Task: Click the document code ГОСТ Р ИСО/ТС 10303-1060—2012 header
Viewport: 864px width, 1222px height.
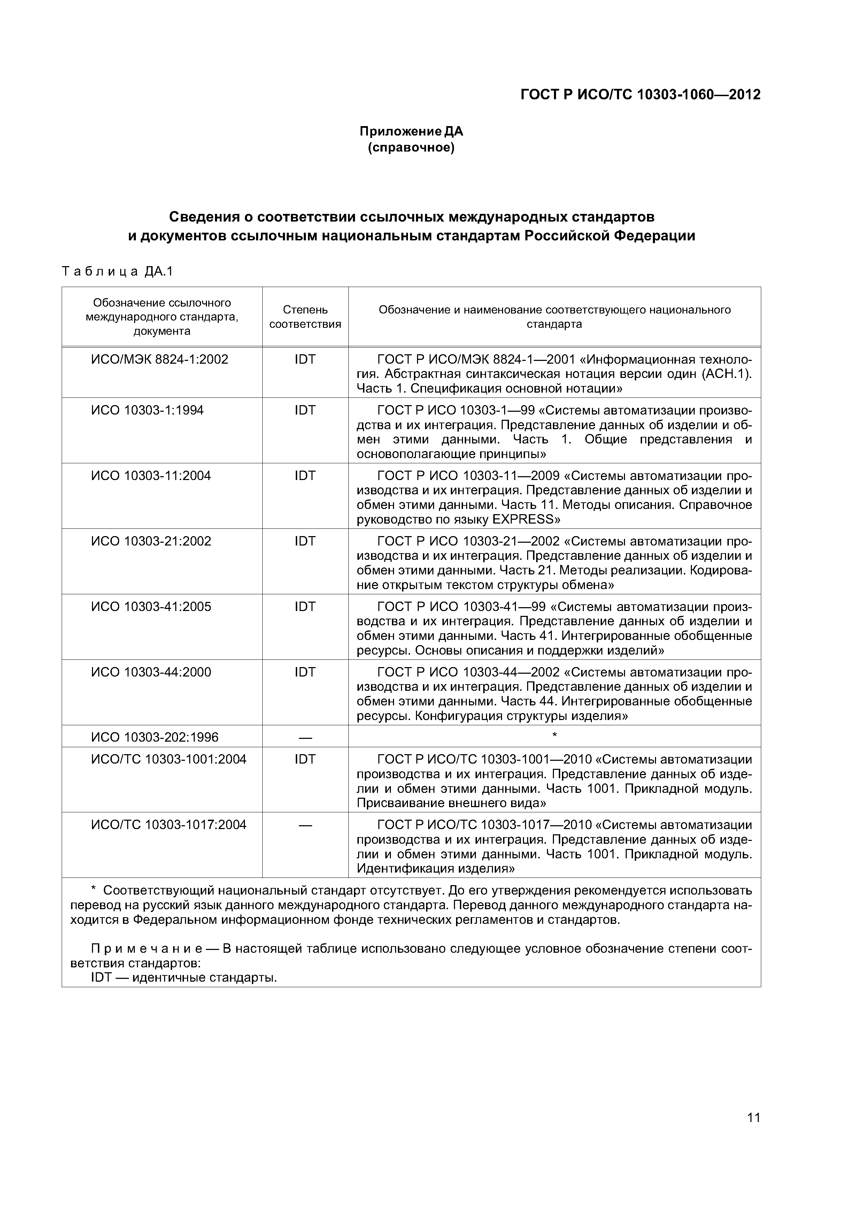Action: coord(640,95)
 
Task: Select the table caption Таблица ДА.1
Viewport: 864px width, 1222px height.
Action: coord(118,272)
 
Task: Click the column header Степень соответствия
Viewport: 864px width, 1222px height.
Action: coord(305,317)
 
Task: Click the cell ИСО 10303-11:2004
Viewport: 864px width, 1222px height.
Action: coord(151,476)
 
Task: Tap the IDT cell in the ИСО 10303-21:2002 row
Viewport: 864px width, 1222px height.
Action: coord(305,541)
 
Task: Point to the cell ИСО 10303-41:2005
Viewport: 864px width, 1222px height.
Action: coord(151,607)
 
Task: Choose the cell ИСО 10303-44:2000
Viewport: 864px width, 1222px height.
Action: coord(151,672)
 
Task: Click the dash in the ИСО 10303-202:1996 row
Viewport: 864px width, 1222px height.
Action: coord(305,738)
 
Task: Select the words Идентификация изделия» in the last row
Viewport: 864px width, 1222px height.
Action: coord(435,868)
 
